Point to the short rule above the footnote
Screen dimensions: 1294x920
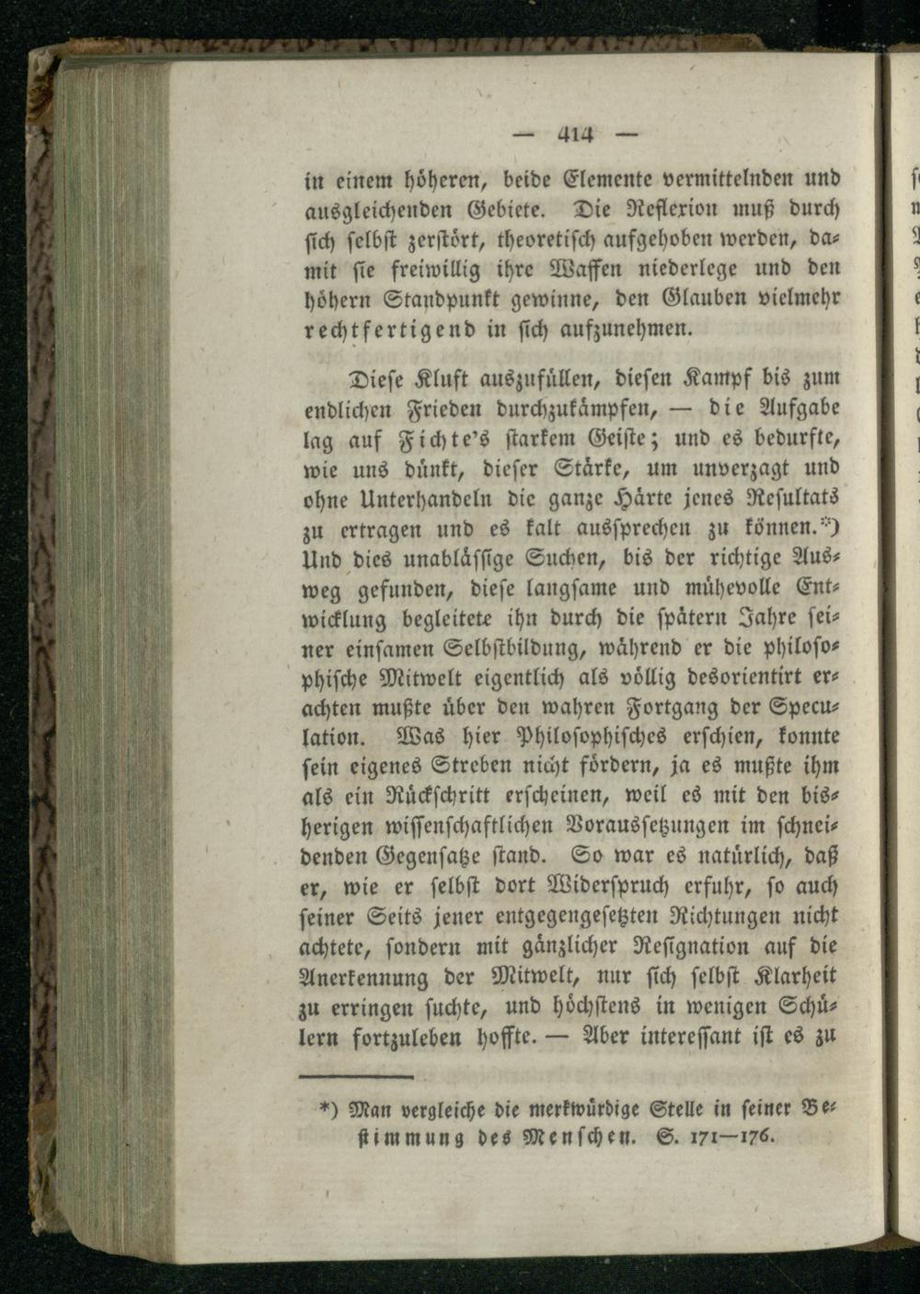358,1076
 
